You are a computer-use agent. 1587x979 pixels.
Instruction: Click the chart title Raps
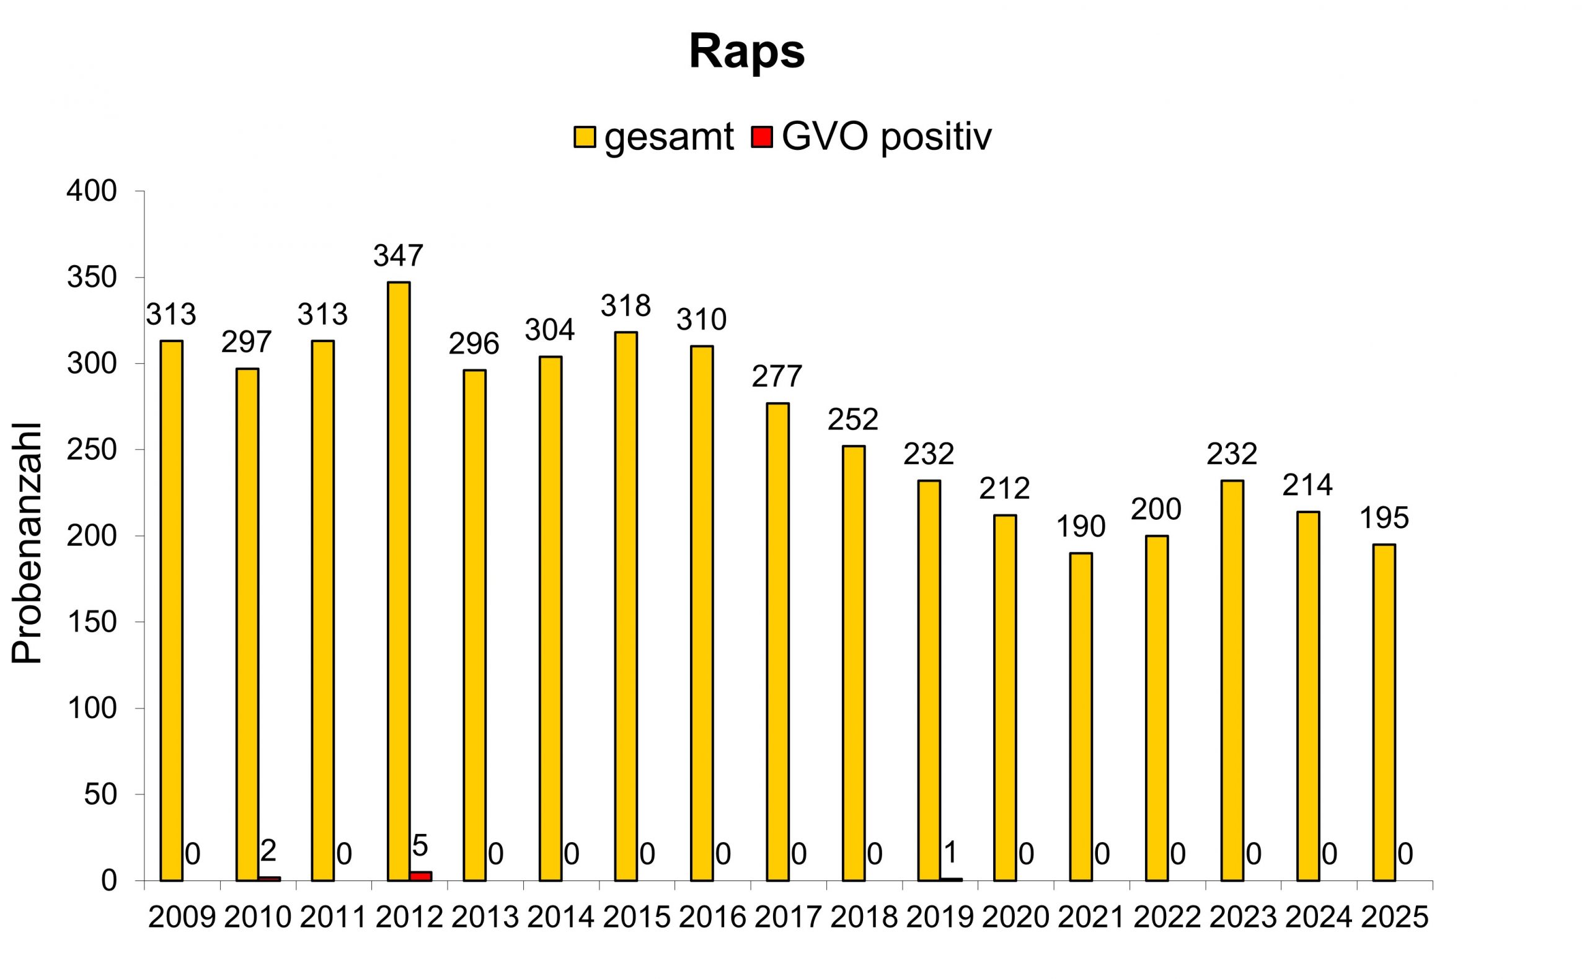point(746,52)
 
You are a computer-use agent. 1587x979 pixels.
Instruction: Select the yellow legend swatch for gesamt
point(584,138)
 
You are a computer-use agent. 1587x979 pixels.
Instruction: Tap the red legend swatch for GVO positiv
point(762,138)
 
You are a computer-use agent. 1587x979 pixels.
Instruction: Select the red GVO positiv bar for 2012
point(420,876)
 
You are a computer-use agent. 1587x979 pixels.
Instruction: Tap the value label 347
point(398,256)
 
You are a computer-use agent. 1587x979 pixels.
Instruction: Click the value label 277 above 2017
point(777,376)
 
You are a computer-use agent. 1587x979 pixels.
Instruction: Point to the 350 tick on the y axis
point(92,278)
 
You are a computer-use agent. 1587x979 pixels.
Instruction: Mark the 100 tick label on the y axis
point(92,708)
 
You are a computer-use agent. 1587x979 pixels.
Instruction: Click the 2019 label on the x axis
point(939,918)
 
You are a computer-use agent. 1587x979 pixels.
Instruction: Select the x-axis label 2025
point(1394,918)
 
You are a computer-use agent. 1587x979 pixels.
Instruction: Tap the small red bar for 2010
point(270,879)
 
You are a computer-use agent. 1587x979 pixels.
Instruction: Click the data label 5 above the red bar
point(420,846)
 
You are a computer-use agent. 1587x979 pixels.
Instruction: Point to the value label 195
point(1384,518)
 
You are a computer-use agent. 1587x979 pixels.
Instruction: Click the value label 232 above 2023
point(1231,454)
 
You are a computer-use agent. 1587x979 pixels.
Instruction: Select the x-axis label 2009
point(182,918)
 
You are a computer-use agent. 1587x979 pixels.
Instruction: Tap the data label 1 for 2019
point(950,853)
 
